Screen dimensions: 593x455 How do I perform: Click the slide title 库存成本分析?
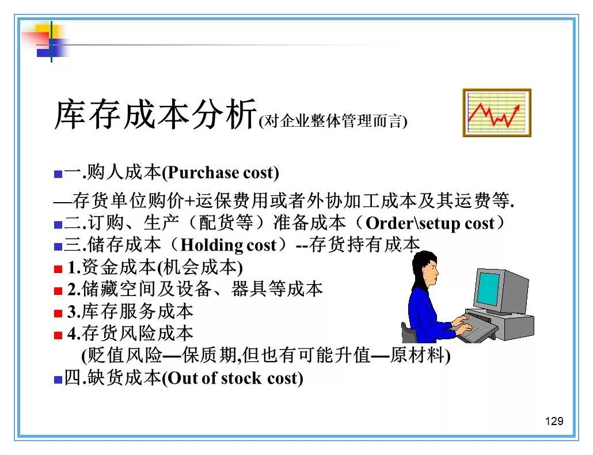click(155, 114)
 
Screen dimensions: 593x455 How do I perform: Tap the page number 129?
click(554, 421)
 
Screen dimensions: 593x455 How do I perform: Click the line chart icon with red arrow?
click(496, 112)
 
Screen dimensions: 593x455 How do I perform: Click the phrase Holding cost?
click(229, 245)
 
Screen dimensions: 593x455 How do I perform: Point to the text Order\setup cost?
click(430, 223)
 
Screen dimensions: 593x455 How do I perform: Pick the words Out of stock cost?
click(233, 378)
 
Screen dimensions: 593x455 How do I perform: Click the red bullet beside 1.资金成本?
click(58, 269)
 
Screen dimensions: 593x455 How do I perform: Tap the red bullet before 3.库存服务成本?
click(58, 313)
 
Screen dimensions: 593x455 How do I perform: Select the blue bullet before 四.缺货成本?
click(58, 380)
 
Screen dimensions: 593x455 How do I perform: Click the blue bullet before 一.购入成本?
click(58, 174)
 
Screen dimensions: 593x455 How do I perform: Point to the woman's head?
click(425, 268)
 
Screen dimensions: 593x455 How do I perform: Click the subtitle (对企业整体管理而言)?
click(333, 121)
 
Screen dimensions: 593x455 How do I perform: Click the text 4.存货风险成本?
click(130, 333)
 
